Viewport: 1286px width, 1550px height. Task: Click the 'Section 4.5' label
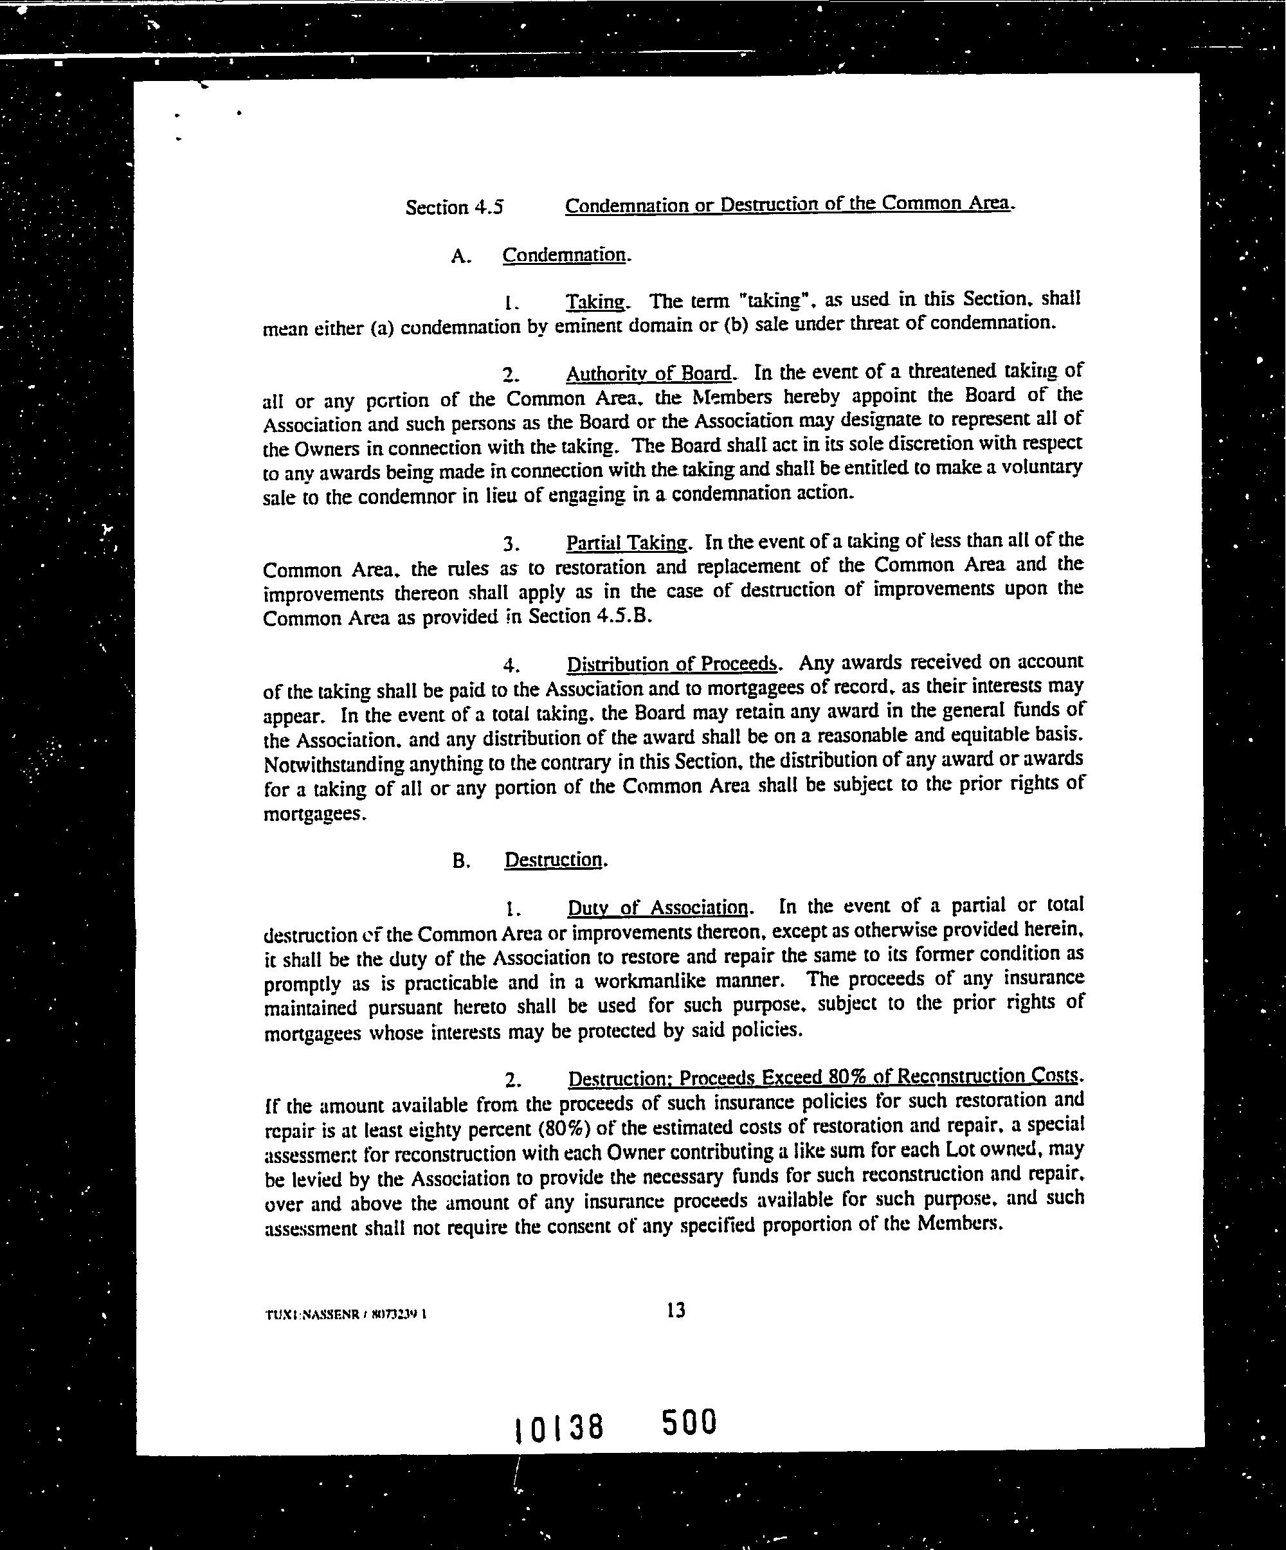(453, 208)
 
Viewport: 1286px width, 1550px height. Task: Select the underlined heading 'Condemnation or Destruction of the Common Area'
(787, 204)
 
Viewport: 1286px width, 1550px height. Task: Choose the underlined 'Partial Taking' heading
(627, 543)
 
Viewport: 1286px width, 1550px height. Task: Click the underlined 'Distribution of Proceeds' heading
(671, 663)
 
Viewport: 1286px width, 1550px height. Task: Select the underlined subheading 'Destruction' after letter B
(553, 860)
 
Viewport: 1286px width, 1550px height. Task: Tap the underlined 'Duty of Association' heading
(657, 906)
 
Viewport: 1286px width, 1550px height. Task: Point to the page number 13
(675, 1310)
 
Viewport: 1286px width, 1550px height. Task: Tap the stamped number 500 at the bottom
(689, 1421)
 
